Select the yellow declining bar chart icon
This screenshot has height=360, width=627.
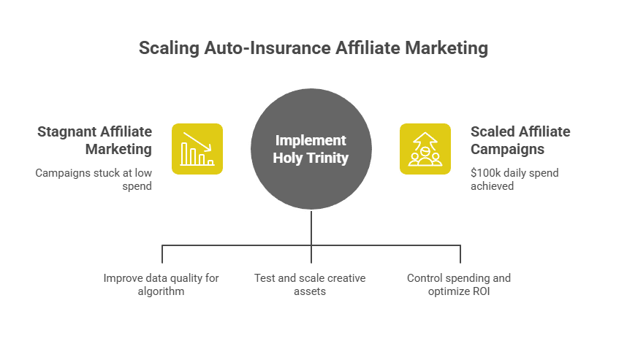click(197, 149)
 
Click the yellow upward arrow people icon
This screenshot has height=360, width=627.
click(425, 149)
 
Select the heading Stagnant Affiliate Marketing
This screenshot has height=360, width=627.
click(95, 140)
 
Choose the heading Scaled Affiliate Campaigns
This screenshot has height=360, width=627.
click(520, 140)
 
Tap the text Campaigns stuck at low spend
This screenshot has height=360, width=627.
click(94, 180)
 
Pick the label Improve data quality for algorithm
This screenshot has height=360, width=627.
click(161, 284)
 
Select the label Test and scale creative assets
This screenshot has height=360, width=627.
click(310, 284)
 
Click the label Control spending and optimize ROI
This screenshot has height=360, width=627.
click(459, 284)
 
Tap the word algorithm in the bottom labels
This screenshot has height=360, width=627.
click(161, 291)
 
